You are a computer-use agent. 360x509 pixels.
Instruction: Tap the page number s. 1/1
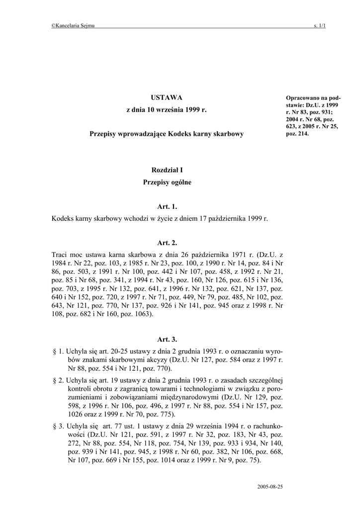tap(319, 26)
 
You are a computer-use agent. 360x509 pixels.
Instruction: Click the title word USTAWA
tap(167, 97)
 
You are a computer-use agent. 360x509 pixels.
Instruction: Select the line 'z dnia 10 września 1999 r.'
tap(167, 109)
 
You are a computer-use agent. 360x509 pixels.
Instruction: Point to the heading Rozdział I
tap(167, 170)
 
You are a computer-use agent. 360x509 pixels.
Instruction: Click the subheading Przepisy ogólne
tap(167, 182)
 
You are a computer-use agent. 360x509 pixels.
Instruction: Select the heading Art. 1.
tap(167, 206)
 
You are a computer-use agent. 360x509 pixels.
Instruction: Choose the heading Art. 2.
tap(167, 243)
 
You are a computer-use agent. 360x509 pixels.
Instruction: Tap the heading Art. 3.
tap(167, 339)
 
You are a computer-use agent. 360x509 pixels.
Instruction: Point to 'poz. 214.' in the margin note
tap(297, 133)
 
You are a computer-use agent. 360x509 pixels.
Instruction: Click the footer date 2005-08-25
tap(271, 487)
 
